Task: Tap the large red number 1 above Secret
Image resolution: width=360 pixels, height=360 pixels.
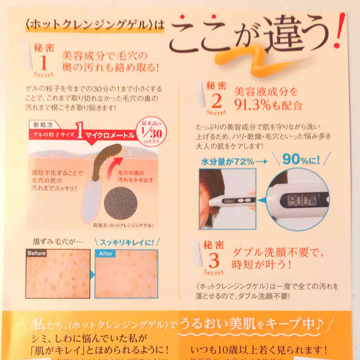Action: coord(44,63)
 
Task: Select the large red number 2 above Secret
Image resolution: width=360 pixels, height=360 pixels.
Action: coord(217,102)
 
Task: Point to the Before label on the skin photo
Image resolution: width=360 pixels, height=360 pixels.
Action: coord(37,253)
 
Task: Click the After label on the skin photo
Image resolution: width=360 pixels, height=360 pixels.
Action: coord(105,253)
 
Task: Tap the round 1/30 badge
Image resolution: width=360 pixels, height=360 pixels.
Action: coord(153,132)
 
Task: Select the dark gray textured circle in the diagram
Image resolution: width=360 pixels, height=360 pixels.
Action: coord(121,203)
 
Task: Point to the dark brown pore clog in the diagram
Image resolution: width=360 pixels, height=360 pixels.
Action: coord(104,158)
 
